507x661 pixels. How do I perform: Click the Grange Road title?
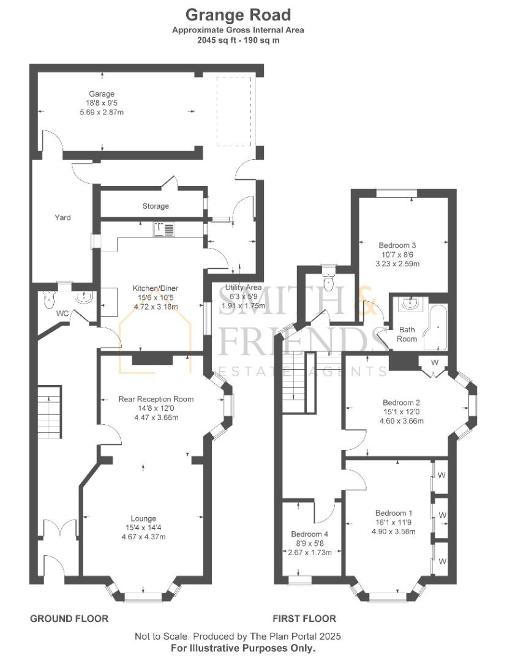(238, 15)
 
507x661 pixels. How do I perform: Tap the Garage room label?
(102, 94)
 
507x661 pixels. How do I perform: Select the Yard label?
(62, 217)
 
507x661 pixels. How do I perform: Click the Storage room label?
(156, 206)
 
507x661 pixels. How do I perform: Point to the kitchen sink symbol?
(163, 229)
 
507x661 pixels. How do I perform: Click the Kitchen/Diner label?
(156, 288)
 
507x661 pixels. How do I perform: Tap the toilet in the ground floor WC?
(49, 300)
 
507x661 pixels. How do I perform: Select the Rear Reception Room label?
(156, 399)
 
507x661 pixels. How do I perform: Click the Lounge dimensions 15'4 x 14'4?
(143, 528)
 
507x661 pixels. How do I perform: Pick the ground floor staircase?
(50, 412)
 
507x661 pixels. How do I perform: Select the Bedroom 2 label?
(402, 403)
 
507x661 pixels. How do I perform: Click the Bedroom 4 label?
(310, 534)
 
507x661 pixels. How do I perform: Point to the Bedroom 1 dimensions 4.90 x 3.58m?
(394, 532)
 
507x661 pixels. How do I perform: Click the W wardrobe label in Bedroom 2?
(435, 362)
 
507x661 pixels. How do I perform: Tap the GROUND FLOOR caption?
(69, 618)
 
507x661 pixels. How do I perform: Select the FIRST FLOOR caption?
(304, 618)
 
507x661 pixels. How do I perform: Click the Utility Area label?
(243, 288)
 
